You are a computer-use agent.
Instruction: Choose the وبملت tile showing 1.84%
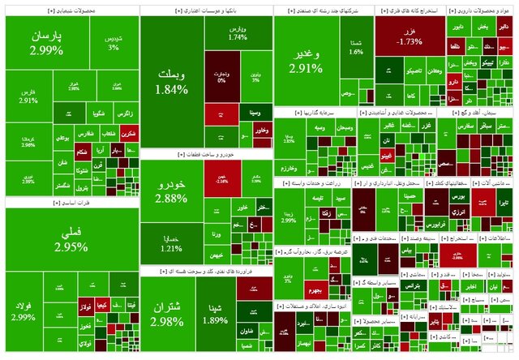tap(170, 81)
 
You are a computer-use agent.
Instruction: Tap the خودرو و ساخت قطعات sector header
tap(206, 153)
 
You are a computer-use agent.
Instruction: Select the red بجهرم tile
tap(315, 289)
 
